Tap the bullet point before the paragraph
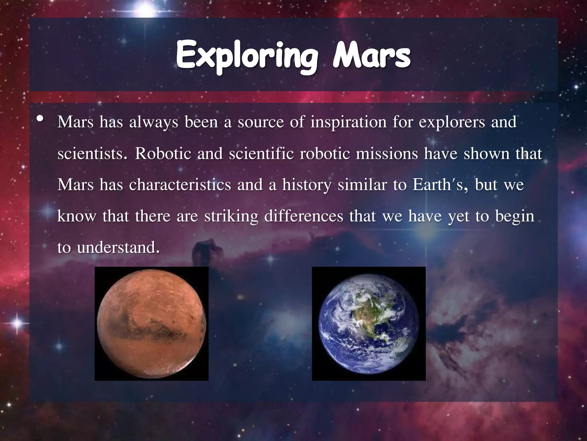click(40, 119)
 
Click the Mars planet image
click(151, 324)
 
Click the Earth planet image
click(369, 324)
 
